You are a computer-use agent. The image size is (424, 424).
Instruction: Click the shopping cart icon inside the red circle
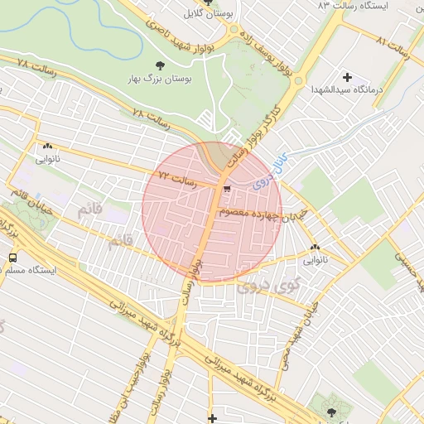[227, 190]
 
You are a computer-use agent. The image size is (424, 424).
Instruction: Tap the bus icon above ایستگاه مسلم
[12, 258]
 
